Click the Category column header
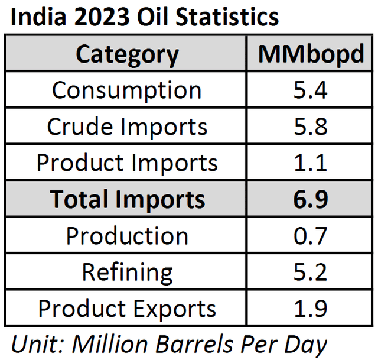pos(127,54)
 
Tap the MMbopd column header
pos(311,54)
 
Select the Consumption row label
pos(127,90)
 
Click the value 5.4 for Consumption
pos(311,90)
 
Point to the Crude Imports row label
pos(127,127)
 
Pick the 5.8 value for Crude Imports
pos(311,127)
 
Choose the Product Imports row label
pos(127,163)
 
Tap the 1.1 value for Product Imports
pos(311,163)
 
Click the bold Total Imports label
pos(127,199)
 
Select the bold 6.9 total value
pos(311,199)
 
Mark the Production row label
pos(127,236)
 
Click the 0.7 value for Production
pos(311,236)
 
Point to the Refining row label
pos(127,273)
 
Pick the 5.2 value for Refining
pos(311,273)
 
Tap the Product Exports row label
pos(127,309)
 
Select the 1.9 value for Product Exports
pos(311,309)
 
